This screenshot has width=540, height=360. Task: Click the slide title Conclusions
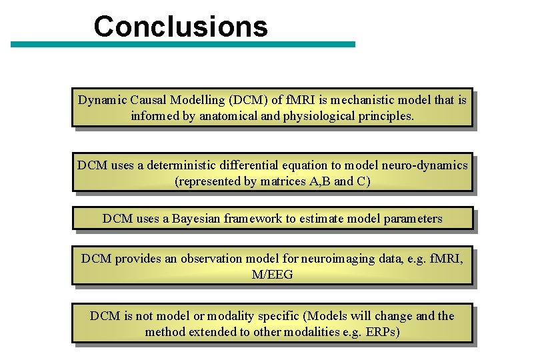pyautogui.click(x=181, y=27)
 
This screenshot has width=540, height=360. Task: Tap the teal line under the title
pyautogui.click(x=183, y=45)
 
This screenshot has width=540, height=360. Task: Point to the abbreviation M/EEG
pyautogui.click(x=272, y=274)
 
